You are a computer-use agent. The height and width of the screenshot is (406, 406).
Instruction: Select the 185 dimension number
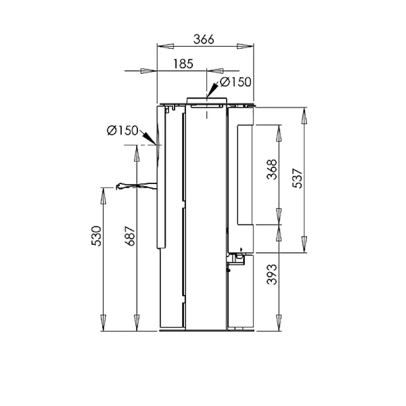click(x=183, y=64)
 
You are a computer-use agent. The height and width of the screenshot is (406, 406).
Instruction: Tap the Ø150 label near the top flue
click(x=235, y=82)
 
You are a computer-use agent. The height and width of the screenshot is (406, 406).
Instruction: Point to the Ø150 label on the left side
click(x=123, y=130)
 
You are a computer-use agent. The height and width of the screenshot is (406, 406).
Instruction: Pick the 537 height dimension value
click(x=298, y=179)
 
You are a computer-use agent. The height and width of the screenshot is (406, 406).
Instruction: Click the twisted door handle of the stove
click(x=128, y=186)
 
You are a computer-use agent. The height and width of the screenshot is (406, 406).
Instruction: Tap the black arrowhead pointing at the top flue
click(x=212, y=90)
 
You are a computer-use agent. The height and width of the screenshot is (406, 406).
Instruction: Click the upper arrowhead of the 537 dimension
click(x=304, y=116)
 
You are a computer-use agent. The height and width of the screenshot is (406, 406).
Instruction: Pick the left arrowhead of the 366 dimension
click(x=164, y=46)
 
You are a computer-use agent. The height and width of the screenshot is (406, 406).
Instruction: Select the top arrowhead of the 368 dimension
click(x=279, y=133)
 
